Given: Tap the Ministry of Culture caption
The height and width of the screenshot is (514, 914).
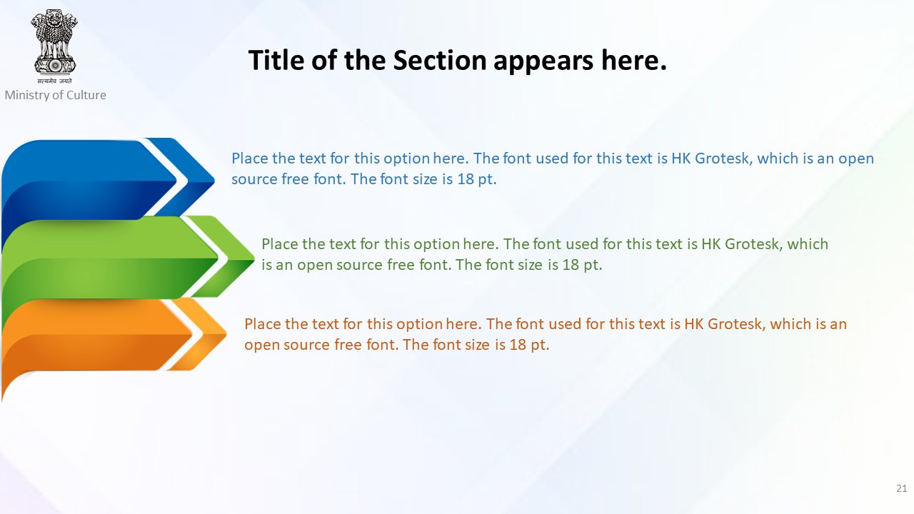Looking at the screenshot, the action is tap(56, 95).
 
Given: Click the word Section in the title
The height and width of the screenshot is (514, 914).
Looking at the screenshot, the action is tap(440, 61).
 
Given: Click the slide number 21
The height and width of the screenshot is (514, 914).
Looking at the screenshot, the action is tap(902, 488).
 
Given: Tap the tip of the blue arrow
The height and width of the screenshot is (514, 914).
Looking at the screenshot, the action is tap(214, 179).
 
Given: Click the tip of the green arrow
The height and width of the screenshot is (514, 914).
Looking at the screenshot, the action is tap(254, 258).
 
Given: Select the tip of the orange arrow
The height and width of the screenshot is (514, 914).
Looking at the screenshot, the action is tap(226, 334).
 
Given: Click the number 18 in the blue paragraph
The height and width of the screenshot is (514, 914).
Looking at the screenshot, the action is tap(466, 179).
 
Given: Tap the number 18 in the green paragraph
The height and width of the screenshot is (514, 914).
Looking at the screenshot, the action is tap(571, 265).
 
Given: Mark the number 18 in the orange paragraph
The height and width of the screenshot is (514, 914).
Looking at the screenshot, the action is tap(518, 345).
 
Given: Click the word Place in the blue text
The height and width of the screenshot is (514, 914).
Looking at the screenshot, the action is tap(250, 158).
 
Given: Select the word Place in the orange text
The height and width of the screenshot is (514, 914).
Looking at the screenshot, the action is tap(263, 324).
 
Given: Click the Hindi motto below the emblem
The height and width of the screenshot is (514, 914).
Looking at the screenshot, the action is tap(55, 81).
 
